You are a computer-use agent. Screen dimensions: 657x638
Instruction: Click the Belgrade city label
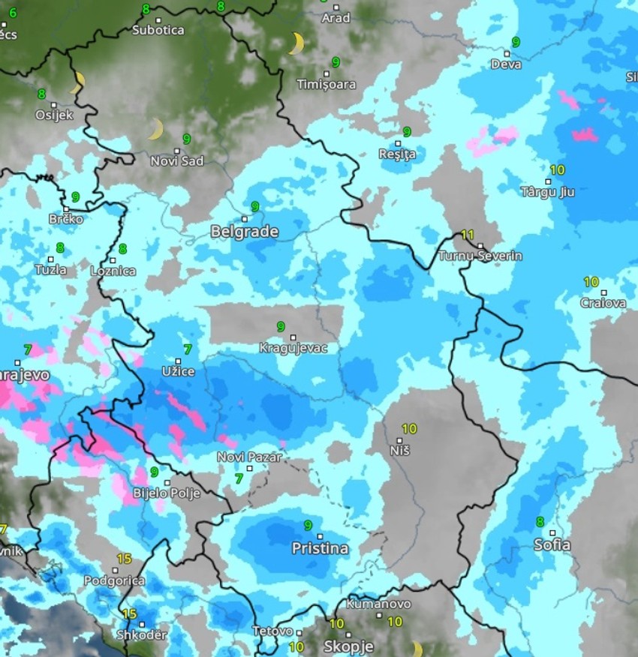(245, 232)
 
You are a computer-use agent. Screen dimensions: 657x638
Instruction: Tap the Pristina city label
(320, 548)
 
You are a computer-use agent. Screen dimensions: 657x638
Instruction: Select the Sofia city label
(552, 545)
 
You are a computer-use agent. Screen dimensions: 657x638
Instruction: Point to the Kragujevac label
(293, 348)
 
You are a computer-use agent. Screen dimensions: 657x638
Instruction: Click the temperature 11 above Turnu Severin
(468, 235)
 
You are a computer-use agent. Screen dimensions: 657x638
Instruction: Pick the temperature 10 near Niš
(409, 429)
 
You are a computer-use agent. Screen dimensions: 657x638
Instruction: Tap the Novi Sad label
(177, 160)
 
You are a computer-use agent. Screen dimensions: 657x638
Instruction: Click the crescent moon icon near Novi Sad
(155, 130)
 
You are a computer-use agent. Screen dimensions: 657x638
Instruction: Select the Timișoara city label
(327, 84)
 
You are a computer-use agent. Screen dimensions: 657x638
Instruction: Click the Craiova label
(603, 303)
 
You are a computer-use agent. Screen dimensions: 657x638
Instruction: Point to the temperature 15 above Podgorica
(124, 559)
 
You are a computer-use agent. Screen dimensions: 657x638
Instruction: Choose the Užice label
(178, 371)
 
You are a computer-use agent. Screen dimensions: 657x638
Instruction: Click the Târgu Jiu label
(547, 191)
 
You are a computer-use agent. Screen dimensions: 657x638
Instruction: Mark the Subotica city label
(158, 30)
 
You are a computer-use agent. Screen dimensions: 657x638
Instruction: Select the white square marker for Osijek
(53, 105)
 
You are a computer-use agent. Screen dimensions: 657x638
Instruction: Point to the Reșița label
(397, 154)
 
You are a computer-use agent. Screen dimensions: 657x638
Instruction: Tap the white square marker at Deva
(507, 54)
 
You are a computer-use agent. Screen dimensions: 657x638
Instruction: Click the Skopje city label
(348, 646)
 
